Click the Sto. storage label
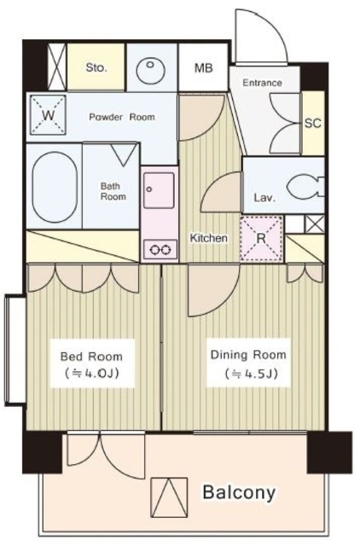pyautogui.click(x=96, y=67)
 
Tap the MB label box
pyautogui.click(x=203, y=67)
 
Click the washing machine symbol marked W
pyautogui.click(x=48, y=115)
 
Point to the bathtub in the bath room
pyautogui.click(x=55, y=187)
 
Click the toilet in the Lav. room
pyautogui.click(x=305, y=188)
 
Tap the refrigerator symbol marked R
pyautogui.click(x=261, y=238)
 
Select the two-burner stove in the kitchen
pyautogui.click(x=160, y=249)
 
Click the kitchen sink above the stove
pyautogui.click(x=159, y=189)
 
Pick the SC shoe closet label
pyautogui.click(x=312, y=123)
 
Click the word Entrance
pyautogui.click(x=262, y=83)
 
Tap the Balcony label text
pyautogui.click(x=239, y=492)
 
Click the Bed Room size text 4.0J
pyautogui.click(x=92, y=374)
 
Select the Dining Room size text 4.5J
pyautogui.click(x=251, y=374)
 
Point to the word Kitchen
pyautogui.click(x=208, y=238)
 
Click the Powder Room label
pyautogui.click(x=122, y=117)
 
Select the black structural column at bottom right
pyautogui.click(x=329, y=452)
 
